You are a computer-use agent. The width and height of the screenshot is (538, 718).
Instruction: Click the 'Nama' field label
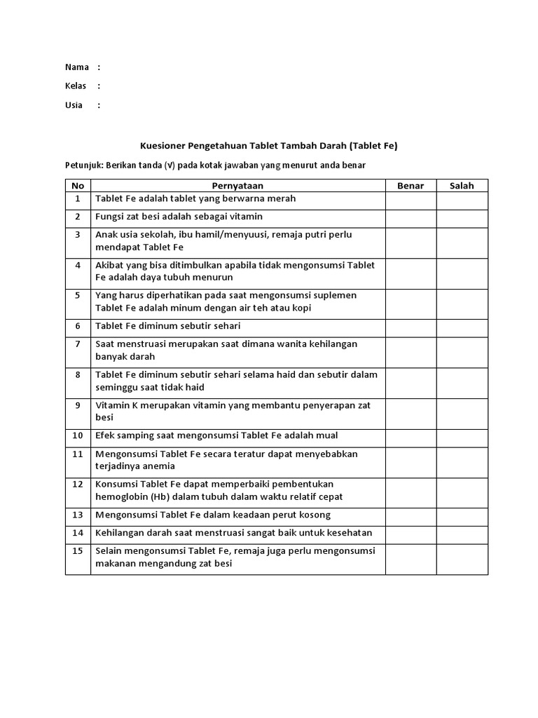click(x=76, y=67)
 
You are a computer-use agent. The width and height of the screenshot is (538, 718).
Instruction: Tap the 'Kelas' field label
click(x=76, y=86)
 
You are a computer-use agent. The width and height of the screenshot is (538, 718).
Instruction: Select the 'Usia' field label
click(x=74, y=105)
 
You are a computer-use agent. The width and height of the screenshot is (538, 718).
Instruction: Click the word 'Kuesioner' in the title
click(x=162, y=146)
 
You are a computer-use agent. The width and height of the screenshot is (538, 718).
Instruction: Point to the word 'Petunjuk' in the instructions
click(x=83, y=165)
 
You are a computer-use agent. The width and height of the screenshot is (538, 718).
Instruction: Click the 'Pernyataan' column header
click(x=237, y=186)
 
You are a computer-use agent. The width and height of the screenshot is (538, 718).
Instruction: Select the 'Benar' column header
click(x=411, y=186)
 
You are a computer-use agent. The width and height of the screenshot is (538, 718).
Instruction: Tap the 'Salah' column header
click(x=462, y=186)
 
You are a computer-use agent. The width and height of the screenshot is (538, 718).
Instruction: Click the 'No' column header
click(x=78, y=186)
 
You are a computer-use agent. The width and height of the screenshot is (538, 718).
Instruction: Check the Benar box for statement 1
click(x=411, y=200)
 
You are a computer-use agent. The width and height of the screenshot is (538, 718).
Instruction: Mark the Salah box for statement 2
click(x=462, y=217)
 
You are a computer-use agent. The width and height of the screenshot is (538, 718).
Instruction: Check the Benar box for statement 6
click(x=411, y=326)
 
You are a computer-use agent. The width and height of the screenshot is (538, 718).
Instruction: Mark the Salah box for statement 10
click(x=462, y=435)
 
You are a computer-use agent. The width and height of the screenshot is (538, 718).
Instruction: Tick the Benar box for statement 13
click(x=411, y=515)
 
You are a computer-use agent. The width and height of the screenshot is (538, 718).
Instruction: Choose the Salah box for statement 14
click(x=462, y=533)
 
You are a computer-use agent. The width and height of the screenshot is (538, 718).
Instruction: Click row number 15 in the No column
click(x=78, y=551)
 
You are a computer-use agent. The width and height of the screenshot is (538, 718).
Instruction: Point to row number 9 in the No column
click(x=78, y=405)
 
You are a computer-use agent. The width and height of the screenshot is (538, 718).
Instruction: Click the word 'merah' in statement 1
click(x=282, y=198)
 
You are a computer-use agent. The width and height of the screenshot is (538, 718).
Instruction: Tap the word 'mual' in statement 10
click(x=326, y=435)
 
